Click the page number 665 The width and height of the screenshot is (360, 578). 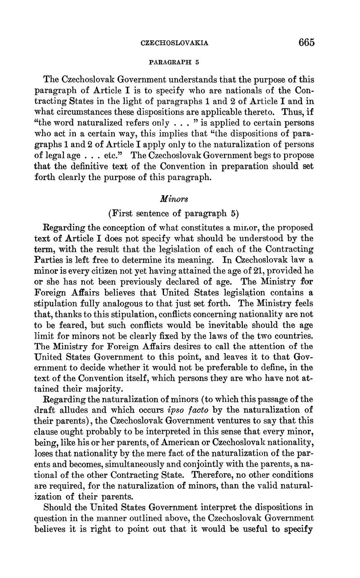[x=306, y=42]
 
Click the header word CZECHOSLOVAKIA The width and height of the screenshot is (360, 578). [x=175, y=43]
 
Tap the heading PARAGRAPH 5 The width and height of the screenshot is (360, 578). [x=174, y=62]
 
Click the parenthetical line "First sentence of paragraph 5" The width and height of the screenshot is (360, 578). [x=173, y=213]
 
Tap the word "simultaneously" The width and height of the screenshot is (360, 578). [x=138, y=464]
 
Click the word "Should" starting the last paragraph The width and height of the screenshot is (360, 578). [x=58, y=507]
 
